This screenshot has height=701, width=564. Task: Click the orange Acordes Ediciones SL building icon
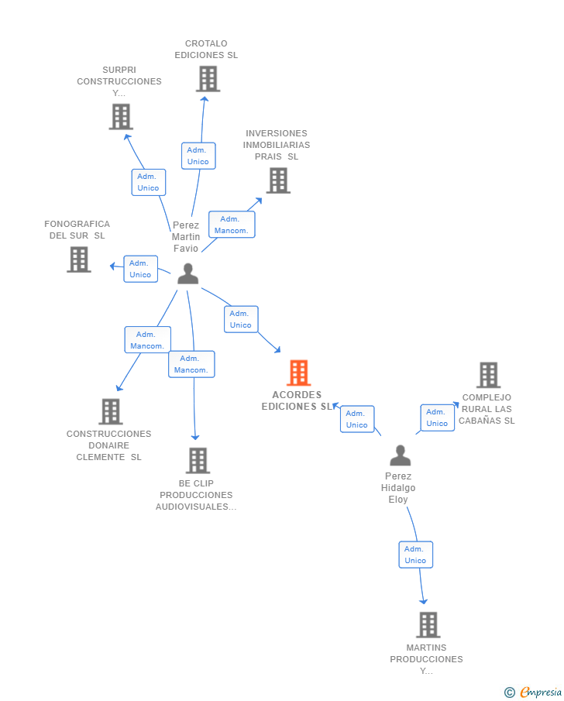[299, 373]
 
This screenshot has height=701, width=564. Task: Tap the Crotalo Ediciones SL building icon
[208, 79]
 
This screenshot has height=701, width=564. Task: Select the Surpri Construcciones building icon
[121, 117]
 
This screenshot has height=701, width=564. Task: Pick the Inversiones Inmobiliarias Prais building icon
[278, 180]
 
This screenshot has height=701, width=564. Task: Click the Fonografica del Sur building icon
[79, 259]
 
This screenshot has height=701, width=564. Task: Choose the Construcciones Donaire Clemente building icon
[111, 411]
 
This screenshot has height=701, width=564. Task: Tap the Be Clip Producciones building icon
[198, 460]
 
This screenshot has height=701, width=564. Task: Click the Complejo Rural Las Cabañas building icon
[488, 375]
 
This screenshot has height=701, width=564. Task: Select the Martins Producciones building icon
[428, 624]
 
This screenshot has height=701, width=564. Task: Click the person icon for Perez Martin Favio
[187, 273]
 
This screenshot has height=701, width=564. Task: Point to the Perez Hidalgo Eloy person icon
[401, 455]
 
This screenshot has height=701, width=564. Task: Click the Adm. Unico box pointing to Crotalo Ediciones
[198, 156]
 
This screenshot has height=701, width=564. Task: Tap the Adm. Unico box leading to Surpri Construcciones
[149, 182]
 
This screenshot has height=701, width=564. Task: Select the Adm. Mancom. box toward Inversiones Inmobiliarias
[232, 225]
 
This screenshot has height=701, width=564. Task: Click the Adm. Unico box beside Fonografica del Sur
[140, 269]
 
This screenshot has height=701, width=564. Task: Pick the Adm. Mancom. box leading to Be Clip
[191, 364]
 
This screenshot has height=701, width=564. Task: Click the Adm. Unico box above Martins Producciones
[415, 555]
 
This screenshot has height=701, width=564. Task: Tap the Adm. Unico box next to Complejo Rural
[438, 418]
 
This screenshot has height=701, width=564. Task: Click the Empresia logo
[533, 692]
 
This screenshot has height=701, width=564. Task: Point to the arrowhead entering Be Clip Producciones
[195, 437]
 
